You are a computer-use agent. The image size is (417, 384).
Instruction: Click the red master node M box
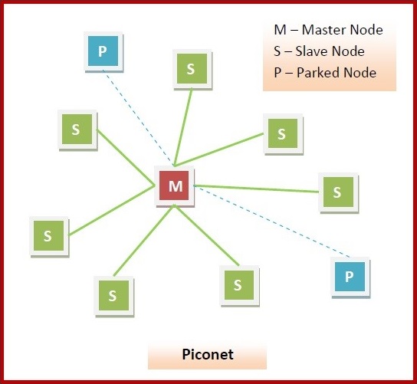(x=176, y=186)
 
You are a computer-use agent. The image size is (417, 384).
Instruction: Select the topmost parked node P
(x=102, y=52)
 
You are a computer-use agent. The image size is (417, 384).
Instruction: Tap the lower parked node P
(x=350, y=276)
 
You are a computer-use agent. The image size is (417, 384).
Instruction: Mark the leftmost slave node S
(x=48, y=236)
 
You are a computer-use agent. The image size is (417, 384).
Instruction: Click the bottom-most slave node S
(x=113, y=294)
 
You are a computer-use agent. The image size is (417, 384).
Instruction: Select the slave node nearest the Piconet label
(x=238, y=285)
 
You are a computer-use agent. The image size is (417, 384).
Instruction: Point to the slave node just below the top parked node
(x=76, y=129)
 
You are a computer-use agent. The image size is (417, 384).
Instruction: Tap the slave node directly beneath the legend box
(x=281, y=134)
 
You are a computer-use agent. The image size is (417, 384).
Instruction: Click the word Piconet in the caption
(x=207, y=356)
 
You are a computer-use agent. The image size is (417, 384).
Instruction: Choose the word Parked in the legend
(x=317, y=73)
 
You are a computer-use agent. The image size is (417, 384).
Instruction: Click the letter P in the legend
(x=277, y=73)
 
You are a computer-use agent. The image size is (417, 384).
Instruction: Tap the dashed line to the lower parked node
(x=268, y=227)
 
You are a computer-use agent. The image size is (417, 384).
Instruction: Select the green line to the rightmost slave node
(x=257, y=189)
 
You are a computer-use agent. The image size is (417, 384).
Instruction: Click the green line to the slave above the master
(x=183, y=126)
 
